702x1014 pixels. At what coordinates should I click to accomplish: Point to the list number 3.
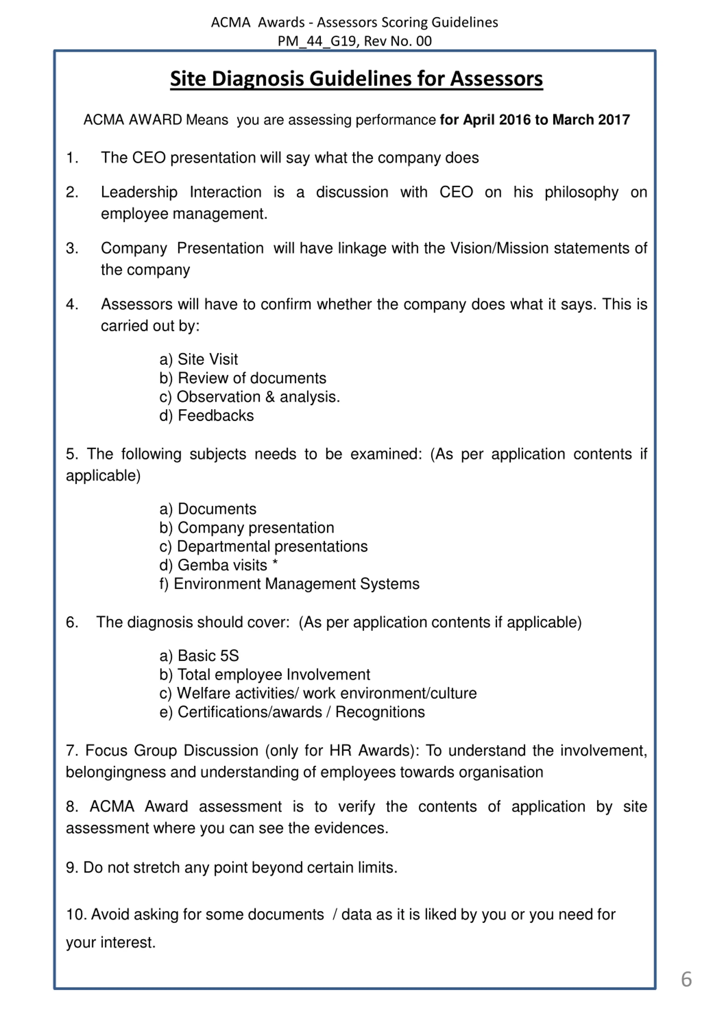click(x=72, y=248)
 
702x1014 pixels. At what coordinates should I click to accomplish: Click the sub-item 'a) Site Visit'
click(x=198, y=359)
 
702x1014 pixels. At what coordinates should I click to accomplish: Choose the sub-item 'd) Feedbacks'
click(x=206, y=415)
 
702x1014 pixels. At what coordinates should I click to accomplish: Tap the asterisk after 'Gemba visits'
click(x=275, y=564)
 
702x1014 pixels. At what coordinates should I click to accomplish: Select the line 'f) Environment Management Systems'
click(x=289, y=584)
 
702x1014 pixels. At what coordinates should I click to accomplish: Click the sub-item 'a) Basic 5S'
click(x=199, y=656)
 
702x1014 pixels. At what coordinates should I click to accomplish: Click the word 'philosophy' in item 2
click(x=581, y=192)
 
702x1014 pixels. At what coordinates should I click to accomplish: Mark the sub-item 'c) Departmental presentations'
click(x=263, y=546)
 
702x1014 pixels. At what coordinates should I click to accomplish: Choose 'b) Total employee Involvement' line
click(x=264, y=675)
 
